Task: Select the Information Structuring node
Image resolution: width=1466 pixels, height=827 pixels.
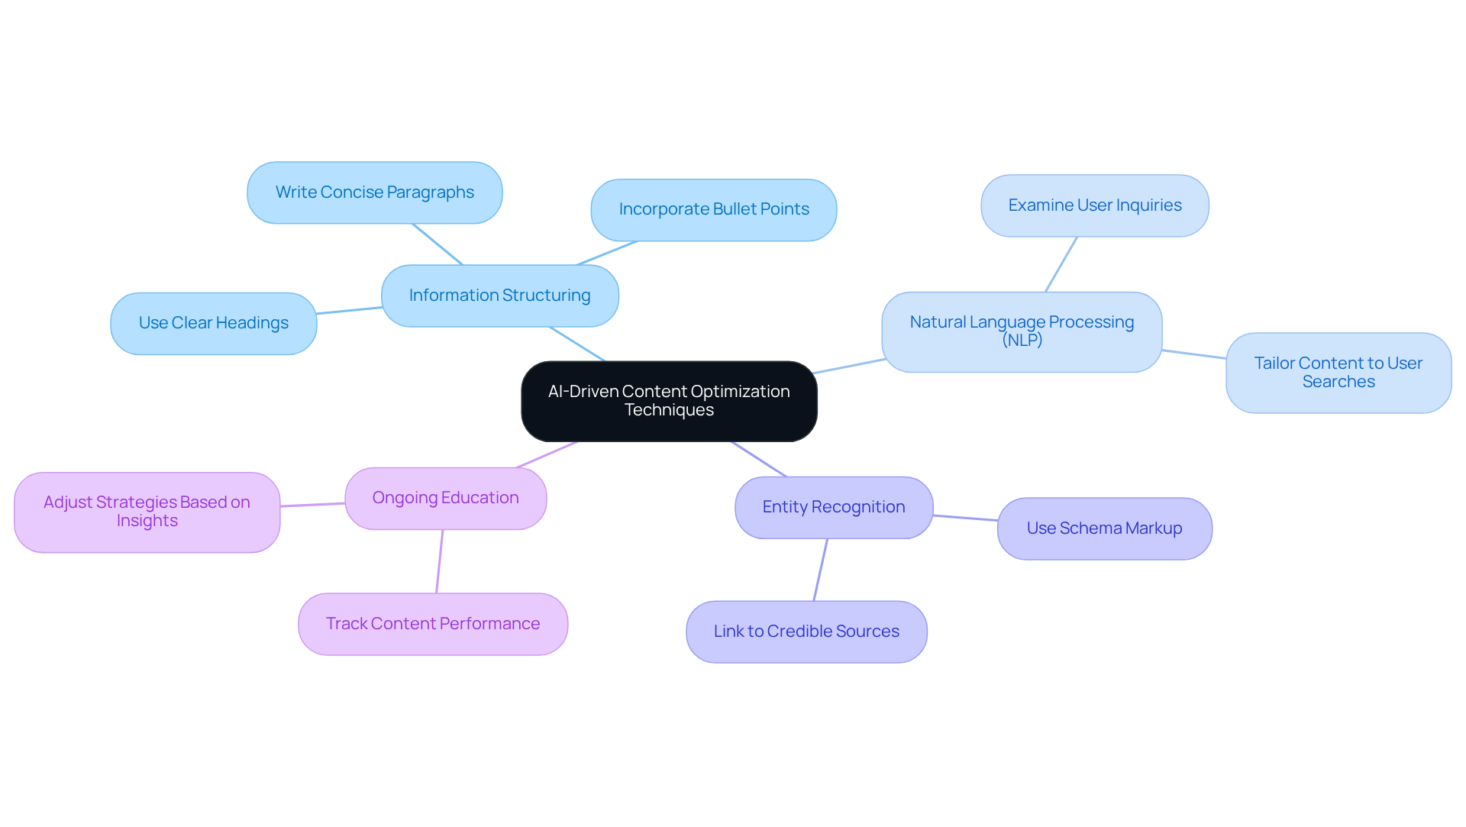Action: coord(499,296)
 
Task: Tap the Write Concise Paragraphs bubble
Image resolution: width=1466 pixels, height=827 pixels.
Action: coord(374,192)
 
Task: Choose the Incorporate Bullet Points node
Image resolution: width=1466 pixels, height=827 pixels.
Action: coord(713,210)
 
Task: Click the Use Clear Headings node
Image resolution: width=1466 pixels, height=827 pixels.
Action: coord(213,323)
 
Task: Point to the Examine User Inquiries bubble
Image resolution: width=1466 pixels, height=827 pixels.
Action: coord(1094,205)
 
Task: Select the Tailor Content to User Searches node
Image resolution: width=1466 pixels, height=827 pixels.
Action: coord(1338,373)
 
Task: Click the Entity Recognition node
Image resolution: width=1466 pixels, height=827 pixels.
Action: coord(833,507)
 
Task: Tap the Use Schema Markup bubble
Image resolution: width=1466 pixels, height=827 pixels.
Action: coord(1104,528)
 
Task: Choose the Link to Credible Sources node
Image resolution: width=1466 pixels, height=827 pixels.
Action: coord(806,632)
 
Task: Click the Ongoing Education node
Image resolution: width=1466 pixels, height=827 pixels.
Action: coord(445,498)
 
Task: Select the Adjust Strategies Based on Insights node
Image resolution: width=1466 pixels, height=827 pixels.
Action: coord(147,512)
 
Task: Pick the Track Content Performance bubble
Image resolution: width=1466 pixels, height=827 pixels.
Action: coord(432,624)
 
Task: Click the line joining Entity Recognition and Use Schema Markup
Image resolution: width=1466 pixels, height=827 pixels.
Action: coord(965,518)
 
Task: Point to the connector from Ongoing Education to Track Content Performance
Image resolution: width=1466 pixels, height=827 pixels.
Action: coord(440,561)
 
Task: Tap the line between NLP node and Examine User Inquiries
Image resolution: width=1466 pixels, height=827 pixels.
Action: coord(1061,264)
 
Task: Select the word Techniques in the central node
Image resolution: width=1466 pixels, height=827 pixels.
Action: coord(669,411)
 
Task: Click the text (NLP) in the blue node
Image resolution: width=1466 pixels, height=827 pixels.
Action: coord(1022,341)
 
